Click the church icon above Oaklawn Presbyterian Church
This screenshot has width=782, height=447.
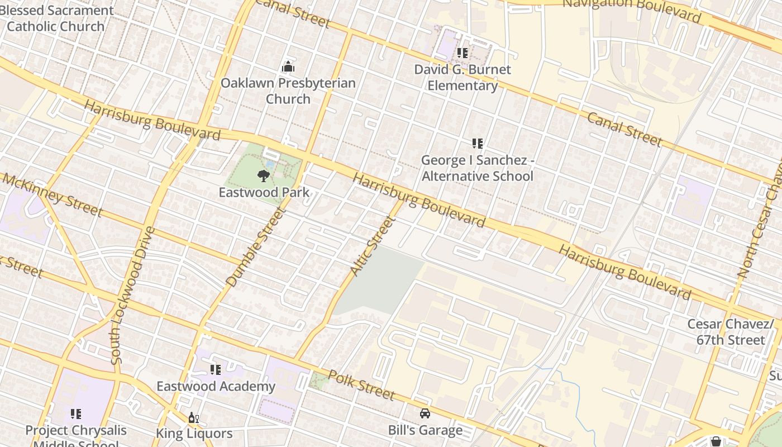(x=288, y=67)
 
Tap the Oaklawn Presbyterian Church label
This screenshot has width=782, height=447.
(x=288, y=91)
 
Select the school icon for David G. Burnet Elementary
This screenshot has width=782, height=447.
(x=462, y=53)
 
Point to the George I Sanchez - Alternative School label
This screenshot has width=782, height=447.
(x=478, y=168)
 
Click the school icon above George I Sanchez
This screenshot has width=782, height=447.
(x=478, y=144)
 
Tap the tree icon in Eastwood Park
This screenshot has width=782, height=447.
(x=263, y=176)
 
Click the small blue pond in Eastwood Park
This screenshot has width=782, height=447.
(x=270, y=165)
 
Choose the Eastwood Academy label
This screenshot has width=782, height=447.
(x=216, y=386)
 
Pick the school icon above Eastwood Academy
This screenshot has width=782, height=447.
(x=216, y=369)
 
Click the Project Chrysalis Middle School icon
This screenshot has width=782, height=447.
(x=76, y=414)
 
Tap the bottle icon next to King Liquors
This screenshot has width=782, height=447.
(x=193, y=417)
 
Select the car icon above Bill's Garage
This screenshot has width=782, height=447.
(x=425, y=413)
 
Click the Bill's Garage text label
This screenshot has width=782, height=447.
(x=425, y=430)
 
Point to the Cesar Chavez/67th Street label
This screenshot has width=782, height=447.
(x=731, y=332)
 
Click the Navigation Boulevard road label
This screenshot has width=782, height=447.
(x=631, y=10)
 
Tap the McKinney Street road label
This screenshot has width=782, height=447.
(x=53, y=194)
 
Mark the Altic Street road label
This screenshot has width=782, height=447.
(x=373, y=245)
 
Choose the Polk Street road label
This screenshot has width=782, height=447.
(x=361, y=384)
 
